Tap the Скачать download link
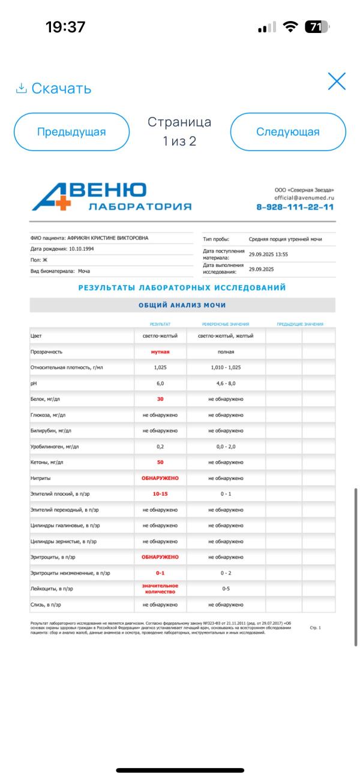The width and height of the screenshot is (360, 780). click(53, 89)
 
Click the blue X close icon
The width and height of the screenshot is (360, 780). click(337, 81)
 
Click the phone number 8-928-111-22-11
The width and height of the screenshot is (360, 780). click(295, 207)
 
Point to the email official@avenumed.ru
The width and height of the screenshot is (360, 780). click(304, 197)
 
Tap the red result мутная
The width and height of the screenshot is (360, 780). click(160, 352)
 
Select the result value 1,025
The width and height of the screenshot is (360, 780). click(160, 367)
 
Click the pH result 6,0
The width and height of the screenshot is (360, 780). click(160, 383)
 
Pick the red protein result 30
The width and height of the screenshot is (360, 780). click(160, 399)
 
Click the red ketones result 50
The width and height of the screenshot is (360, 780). click(160, 462)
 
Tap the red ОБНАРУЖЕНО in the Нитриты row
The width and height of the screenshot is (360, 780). click(160, 478)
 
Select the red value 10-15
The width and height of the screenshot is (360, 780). click(160, 494)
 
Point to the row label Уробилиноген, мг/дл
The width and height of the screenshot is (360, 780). click(55, 446)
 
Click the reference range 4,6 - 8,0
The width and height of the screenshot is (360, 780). click(226, 383)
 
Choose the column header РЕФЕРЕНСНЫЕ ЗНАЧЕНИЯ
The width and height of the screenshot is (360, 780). click(226, 324)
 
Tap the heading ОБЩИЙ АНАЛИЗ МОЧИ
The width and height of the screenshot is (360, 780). click(182, 305)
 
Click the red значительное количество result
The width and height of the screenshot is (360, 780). click(160, 589)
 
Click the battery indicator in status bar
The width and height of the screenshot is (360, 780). click(317, 27)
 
